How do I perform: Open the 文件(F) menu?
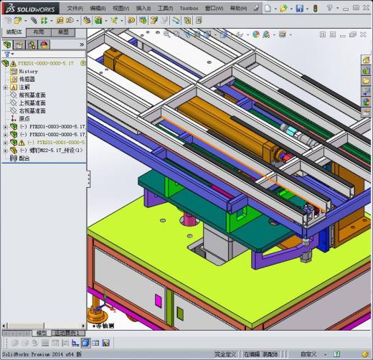pyautogui.click(x=75, y=8)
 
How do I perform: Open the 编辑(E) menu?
pyautogui.click(x=98, y=8)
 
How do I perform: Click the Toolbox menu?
pyautogui.click(x=189, y=8)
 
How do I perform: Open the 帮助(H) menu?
pyautogui.click(x=237, y=8)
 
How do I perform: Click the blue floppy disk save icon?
pyautogui.click(x=299, y=9)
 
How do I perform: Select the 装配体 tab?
pyautogui.click(x=14, y=32)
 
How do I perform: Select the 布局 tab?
pyautogui.click(x=39, y=32)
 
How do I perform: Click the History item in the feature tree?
pyautogui.click(x=28, y=71)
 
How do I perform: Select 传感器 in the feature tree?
pyautogui.click(x=27, y=79)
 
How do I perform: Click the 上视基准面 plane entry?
pyautogui.click(x=32, y=103)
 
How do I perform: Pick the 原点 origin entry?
pyautogui.click(x=24, y=118)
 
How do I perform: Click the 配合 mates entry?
pyautogui.click(x=24, y=158)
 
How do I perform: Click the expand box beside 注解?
pyautogui.click(x=6, y=87)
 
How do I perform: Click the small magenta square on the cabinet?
pyautogui.click(x=159, y=300)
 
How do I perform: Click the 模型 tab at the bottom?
pyautogui.click(x=42, y=333)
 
